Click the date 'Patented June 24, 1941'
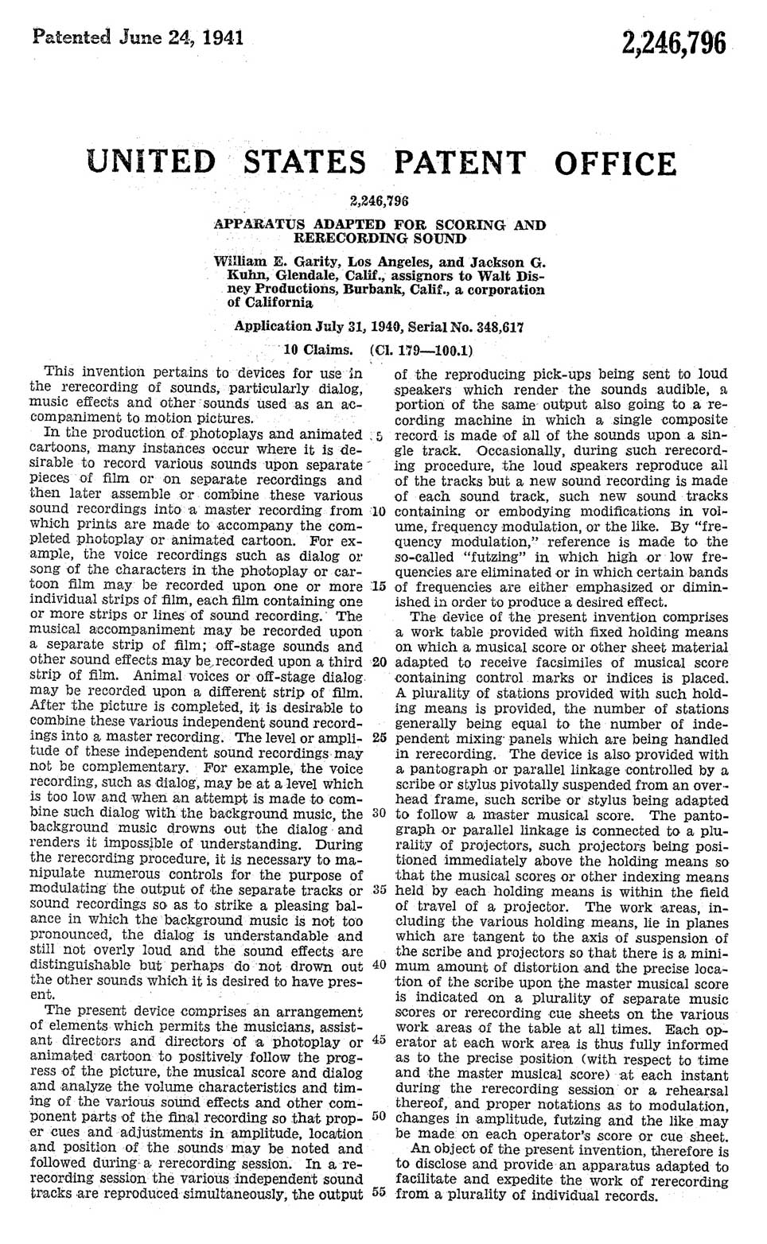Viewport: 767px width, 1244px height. pyautogui.click(x=137, y=37)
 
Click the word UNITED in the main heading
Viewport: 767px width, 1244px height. pyautogui.click(x=153, y=161)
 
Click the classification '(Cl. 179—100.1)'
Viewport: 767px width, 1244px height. pyautogui.click(x=422, y=349)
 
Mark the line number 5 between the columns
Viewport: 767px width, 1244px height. pyautogui.click(x=381, y=435)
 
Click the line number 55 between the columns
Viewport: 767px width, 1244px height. pyautogui.click(x=379, y=1193)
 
